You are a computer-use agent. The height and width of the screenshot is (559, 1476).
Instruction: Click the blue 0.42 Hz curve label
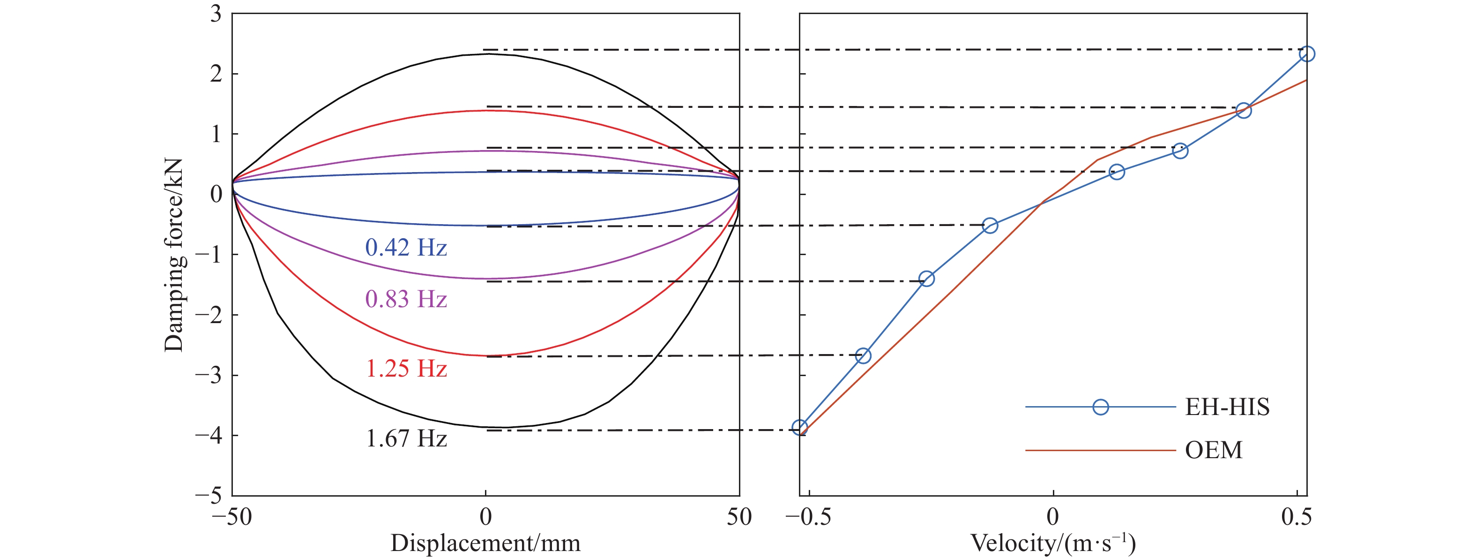[406, 248]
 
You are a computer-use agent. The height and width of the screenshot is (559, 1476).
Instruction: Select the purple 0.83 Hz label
[406, 299]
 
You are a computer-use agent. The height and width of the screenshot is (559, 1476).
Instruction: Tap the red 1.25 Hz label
[406, 369]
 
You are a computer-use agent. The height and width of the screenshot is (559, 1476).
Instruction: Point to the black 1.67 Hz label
[406, 439]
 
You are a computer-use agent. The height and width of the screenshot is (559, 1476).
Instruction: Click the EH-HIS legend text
[1227, 407]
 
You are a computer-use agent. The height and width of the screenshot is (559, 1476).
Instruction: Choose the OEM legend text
[1213, 450]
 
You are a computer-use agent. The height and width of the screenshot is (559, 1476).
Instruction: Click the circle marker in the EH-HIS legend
[1100, 407]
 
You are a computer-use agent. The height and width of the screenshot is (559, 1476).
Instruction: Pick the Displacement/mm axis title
[485, 543]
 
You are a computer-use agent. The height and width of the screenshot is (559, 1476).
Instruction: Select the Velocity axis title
[1052, 543]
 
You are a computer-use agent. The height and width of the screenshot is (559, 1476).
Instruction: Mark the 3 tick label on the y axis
[216, 14]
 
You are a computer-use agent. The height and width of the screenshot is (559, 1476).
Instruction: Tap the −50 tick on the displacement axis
[231, 517]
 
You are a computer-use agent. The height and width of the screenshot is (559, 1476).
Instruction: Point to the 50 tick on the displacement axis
[739, 517]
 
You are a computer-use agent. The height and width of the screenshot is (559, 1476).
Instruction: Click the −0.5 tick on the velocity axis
[808, 517]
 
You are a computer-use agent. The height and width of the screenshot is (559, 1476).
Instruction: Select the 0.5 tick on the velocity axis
[1296, 517]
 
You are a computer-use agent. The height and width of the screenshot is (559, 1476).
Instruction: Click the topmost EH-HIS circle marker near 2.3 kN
[1307, 54]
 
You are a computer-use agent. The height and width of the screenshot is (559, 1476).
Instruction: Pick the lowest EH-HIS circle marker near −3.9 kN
[800, 427]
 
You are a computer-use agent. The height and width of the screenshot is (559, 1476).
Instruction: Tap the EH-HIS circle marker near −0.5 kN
[990, 225]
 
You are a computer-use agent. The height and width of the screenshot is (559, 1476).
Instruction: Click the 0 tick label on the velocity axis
[1052, 517]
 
